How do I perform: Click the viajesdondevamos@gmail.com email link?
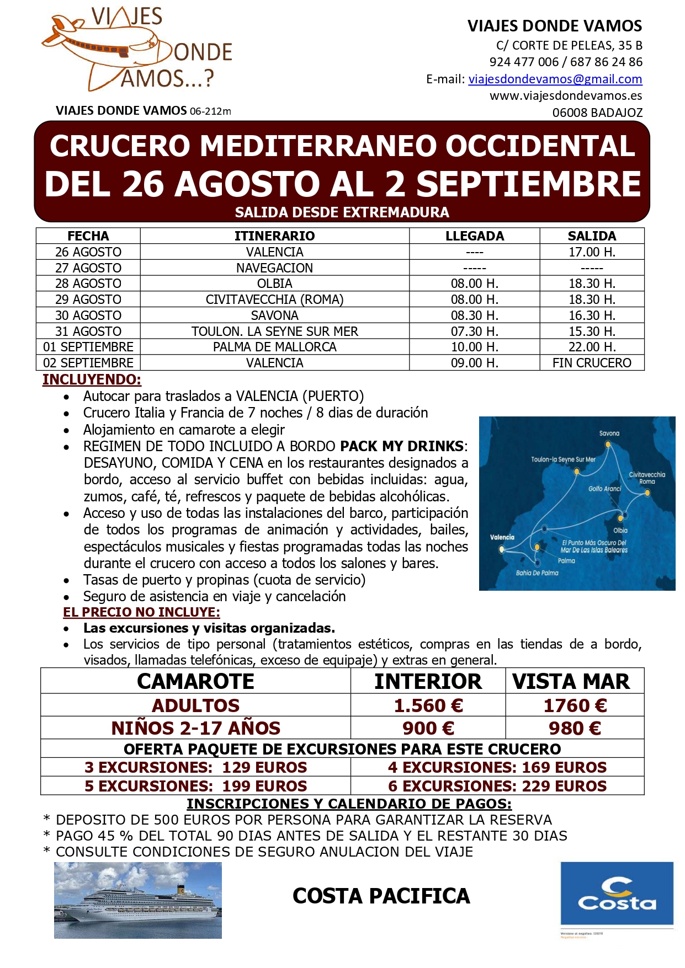pos(555,79)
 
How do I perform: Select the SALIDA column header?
pos(591,236)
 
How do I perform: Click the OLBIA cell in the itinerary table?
pos(274,284)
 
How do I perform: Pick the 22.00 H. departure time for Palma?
pos(591,347)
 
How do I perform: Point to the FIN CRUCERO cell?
pos(591,363)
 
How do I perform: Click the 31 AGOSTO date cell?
pos(88,331)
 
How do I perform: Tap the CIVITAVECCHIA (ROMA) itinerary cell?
pos(274,300)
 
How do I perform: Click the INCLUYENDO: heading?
pos(92,380)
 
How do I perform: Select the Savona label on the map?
pos(609,434)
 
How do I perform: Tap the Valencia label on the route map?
pos(502,537)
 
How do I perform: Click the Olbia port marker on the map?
pos(620,518)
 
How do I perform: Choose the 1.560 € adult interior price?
pos(428,705)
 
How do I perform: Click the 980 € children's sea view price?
pos(574,728)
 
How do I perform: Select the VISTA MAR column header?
pos(571,682)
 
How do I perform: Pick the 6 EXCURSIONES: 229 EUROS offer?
pos(497,786)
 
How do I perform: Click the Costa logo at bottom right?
pos(617,894)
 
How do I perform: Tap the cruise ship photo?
pos(137,900)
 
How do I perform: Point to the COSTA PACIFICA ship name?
pos(381,896)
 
